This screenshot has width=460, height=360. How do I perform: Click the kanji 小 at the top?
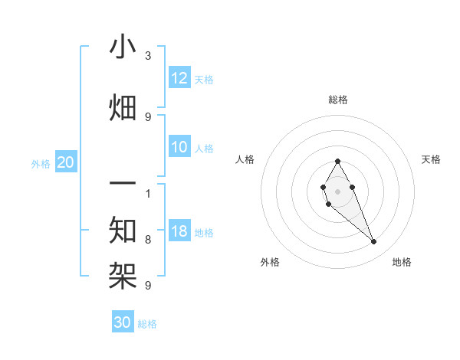pos(123,47)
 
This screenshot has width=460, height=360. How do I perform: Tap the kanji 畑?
pos(123,108)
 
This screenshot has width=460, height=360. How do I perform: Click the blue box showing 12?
pos(179,78)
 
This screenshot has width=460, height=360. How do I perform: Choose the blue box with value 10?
pos(179,148)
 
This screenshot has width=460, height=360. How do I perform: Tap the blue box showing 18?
pos(179,232)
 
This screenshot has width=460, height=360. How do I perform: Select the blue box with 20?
pos(66,162)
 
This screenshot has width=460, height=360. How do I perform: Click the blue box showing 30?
pos(123,322)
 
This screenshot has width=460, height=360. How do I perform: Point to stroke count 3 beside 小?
pos(148,56)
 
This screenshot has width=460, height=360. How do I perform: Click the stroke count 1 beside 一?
pos(148,193)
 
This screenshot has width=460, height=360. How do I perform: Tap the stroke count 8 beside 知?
pos(148,240)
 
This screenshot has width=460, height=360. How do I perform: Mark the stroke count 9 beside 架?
pos(148,285)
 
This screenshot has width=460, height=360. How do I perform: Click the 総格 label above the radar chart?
pos(338,100)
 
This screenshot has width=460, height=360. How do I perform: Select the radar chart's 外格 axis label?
pos(270,262)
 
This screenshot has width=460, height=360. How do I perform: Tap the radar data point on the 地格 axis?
pos(373,242)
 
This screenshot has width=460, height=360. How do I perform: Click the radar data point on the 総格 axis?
pos(337,161)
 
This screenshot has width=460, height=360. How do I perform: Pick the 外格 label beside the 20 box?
pos(41,163)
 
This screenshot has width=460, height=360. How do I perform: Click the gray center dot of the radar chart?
pos(337,191)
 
